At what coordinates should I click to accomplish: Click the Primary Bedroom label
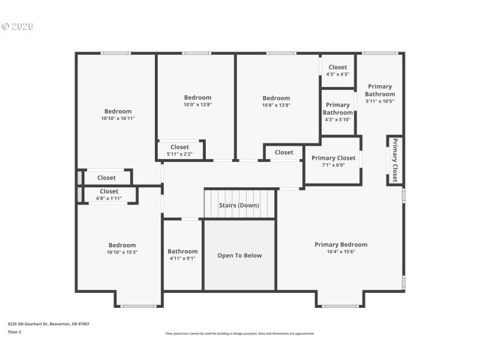(x=341, y=244)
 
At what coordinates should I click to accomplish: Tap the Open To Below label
(x=239, y=256)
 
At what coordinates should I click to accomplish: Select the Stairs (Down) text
(x=239, y=205)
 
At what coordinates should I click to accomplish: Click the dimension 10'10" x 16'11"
(x=118, y=119)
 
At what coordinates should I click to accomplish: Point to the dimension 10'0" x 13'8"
(x=197, y=104)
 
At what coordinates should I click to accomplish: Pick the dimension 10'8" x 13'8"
(x=276, y=105)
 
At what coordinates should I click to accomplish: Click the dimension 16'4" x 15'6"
(x=341, y=251)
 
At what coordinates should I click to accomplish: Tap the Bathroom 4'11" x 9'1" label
(x=182, y=254)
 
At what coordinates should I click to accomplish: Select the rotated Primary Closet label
(x=395, y=160)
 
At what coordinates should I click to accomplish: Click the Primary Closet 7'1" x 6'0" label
(x=333, y=161)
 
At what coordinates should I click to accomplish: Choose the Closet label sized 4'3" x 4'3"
(x=337, y=70)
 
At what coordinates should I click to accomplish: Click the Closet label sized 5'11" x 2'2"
(x=179, y=150)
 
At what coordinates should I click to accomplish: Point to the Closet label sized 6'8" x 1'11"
(x=109, y=194)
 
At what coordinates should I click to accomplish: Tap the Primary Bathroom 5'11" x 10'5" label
(x=380, y=94)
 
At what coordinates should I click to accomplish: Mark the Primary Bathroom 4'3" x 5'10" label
(x=338, y=112)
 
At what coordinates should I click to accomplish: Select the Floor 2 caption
(x=14, y=331)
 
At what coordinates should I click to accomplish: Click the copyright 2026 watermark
(x=17, y=26)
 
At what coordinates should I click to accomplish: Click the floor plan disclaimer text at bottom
(x=239, y=334)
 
